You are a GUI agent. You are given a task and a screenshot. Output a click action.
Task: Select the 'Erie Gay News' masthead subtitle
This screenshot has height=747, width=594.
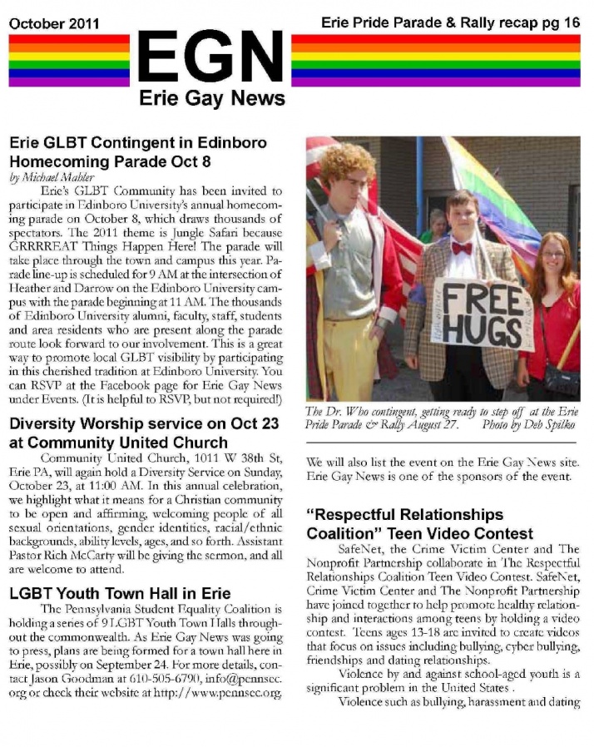[x=211, y=99]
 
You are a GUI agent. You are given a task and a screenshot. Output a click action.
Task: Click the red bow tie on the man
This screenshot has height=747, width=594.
[x=462, y=248]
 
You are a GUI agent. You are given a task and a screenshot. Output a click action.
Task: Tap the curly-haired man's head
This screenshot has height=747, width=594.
[x=348, y=171]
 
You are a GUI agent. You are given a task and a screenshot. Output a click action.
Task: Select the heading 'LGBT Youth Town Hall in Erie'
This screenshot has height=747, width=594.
[x=120, y=594]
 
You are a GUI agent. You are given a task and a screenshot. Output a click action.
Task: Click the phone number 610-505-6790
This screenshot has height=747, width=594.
[x=193, y=679]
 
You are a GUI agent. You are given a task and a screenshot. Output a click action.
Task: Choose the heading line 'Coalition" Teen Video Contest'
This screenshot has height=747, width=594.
[x=420, y=532]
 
